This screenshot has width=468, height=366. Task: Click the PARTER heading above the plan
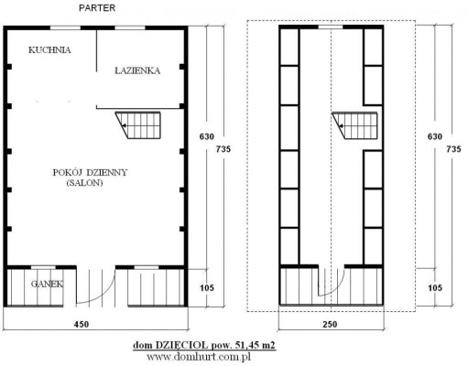[x=97, y=8]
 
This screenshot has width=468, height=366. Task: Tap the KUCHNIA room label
[x=49, y=50]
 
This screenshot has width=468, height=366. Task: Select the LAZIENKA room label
[x=137, y=70]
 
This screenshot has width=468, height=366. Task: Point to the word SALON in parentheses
[x=84, y=183]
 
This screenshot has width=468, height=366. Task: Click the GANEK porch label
[x=47, y=284]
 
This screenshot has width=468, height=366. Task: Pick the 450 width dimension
[x=82, y=324]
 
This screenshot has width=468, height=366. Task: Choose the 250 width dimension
[x=330, y=324]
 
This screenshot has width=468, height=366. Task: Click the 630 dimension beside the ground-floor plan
[x=207, y=136]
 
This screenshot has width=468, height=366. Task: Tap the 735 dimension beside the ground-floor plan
[x=223, y=149]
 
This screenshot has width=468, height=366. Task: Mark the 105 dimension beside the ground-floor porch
[x=207, y=287]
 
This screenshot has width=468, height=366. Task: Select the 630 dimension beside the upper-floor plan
[x=435, y=136]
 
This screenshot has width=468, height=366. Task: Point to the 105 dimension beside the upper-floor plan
[x=435, y=287]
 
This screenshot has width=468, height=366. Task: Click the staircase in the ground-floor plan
[x=138, y=125]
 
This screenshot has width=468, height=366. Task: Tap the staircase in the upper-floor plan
[x=354, y=125]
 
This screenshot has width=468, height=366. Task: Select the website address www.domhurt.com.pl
[x=199, y=357]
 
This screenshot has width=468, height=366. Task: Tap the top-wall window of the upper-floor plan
[x=331, y=27]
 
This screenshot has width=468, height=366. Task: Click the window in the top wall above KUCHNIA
[x=65, y=28]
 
